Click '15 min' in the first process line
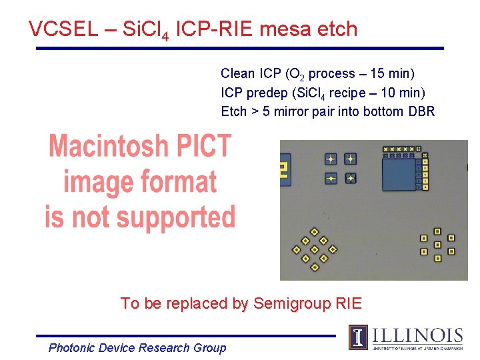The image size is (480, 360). [397, 73]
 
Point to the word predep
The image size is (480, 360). [267, 92]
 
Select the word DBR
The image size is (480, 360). [421, 111]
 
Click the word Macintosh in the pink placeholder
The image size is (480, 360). [140, 145]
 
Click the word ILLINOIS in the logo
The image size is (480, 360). [417, 335]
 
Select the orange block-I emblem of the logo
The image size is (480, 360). [358, 337]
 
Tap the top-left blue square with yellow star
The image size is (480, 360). [331, 159]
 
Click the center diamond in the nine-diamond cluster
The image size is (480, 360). [315, 249]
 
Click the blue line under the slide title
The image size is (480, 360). [240, 48]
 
